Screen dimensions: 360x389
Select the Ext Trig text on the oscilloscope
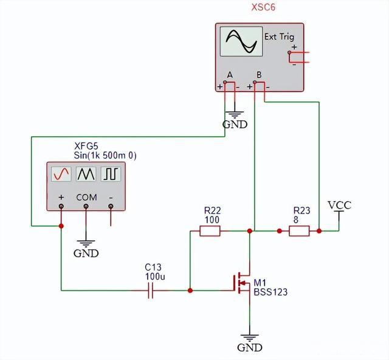coord(278,36)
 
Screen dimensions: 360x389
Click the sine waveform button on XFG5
coord(61,175)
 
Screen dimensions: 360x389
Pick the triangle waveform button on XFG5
coord(86,175)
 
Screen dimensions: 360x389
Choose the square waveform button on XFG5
coord(111,175)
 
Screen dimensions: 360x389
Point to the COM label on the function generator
coord(86,198)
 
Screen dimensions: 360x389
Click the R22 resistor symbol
coord(210,231)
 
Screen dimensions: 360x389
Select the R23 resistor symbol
coord(299,231)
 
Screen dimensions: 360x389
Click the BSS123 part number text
coord(270,292)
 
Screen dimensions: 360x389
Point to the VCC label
coord(339,205)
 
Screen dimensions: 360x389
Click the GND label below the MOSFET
coord(249,348)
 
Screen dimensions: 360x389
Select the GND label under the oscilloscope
coord(235,125)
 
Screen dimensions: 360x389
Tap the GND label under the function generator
coord(86,253)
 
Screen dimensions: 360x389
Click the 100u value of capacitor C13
coord(155,276)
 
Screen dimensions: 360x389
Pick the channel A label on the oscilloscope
coord(230,75)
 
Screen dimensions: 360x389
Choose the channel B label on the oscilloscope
coord(259,75)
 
